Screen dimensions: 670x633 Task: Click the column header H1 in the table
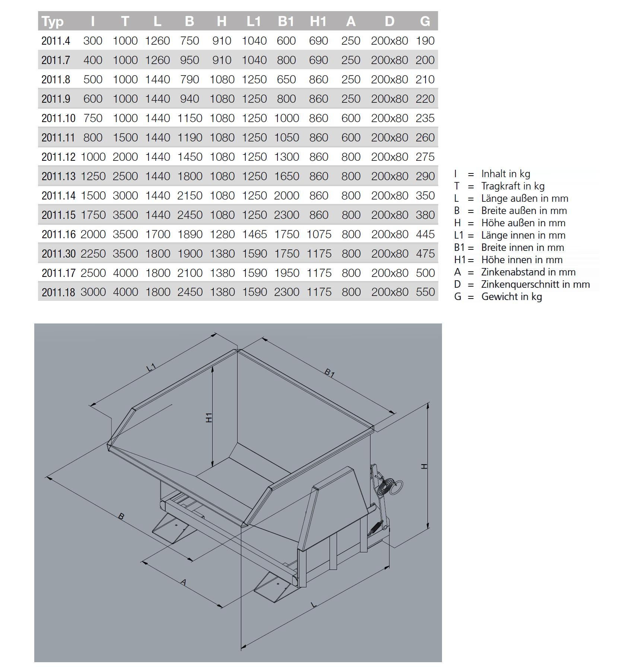[318, 21]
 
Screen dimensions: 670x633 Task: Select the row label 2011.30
[58, 253]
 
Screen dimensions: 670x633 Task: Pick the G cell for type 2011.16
[425, 234]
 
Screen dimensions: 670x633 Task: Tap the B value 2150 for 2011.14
[190, 195]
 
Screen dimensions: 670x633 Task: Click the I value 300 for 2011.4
[93, 41]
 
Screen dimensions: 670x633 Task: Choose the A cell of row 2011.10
[351, 118]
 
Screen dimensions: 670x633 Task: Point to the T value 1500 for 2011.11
[125, 137]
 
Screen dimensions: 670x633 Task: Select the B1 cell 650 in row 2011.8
[286, 79]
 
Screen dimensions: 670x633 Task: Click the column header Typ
[53, 21]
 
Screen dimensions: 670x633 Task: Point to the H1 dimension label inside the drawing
[209, 417]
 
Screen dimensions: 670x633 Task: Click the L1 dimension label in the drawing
[151, 368]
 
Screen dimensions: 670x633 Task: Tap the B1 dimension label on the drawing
[330, 373]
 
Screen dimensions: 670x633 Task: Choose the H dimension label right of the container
[424, 466]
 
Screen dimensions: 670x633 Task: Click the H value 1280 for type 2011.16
[222, 234]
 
